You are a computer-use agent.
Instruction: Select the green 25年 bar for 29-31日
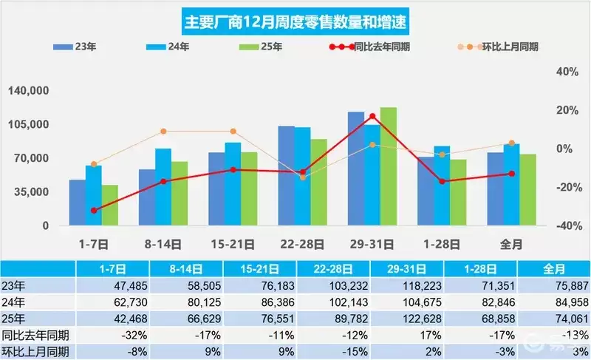pyautogui.click(x=389, y=166)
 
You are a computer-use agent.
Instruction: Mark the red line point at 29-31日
pyautogui.click(x=372, y=116)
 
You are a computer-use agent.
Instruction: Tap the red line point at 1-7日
pyautogui.click(x=94, y=211)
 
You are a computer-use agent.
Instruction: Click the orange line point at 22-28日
pyautogui.click(x=302, y=177)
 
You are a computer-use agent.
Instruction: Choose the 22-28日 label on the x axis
pyautogui.click(x=302, y=242)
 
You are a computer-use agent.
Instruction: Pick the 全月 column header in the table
pyautogui.click(x=553, y=270)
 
